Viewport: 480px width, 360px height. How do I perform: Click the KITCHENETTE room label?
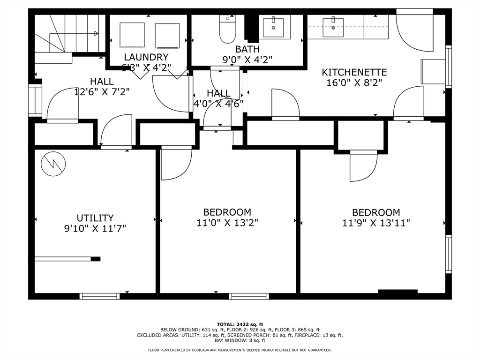point(354,72)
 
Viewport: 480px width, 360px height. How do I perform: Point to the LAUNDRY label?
point(146,57)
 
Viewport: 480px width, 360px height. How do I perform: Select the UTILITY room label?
point(95,218)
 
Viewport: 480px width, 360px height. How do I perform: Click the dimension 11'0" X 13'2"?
point(227,223)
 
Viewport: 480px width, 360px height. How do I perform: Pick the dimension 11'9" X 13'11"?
point(376,223)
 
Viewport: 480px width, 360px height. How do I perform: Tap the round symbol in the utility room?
point(53,164)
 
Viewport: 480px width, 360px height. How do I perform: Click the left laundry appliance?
point(132,34)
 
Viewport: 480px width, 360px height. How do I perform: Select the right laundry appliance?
point(167,36)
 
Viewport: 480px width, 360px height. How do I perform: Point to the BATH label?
point(247,49)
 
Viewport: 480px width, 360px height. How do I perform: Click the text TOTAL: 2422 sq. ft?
point(240,324)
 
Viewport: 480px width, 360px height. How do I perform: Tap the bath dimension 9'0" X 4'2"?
point(247,60)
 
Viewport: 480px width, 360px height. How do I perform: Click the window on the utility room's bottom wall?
point(99,296)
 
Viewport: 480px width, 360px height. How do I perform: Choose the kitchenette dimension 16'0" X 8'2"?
point(354,82)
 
